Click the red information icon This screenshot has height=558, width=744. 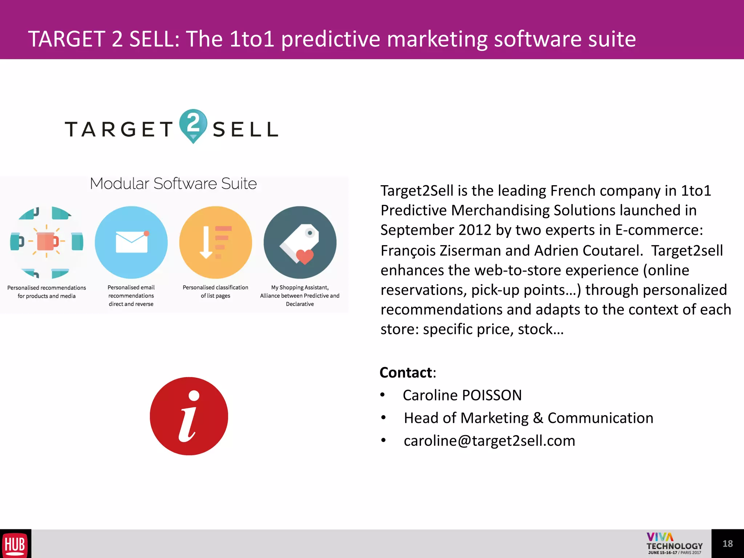pyautogui.click(x=189, y=416)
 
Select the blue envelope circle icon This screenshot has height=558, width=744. pyautogui.click(x=131, y=242)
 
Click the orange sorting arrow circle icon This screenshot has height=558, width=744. pyautogui.click(x=215, y=242)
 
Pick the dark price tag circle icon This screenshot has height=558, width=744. pyautogui.click(x=300, y=242)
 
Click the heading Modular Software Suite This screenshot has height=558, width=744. pyautogui.click(x=173, y=184)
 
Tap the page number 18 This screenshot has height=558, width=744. pyautogui.click(x=727, y=543)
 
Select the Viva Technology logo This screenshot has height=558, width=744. pyautogui.click(x=674, y=543)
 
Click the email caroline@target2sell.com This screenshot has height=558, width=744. pyautogui.click(x=489, y=441)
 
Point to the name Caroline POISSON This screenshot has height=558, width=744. pyautogui.click(x=462, y=395)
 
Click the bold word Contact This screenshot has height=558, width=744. pyautogui.click(x=406, y=373)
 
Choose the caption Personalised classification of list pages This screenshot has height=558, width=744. pyautogui.click(x=215, y=291)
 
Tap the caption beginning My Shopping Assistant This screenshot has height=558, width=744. pyautogui.click(x=300, y=295)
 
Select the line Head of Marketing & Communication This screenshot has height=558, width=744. pyautogui.click(x=529, y=418)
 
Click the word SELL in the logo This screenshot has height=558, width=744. pyautogui.click(x=246, y=130)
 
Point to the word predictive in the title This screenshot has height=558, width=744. pyautogui.click(x=330, y=39)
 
